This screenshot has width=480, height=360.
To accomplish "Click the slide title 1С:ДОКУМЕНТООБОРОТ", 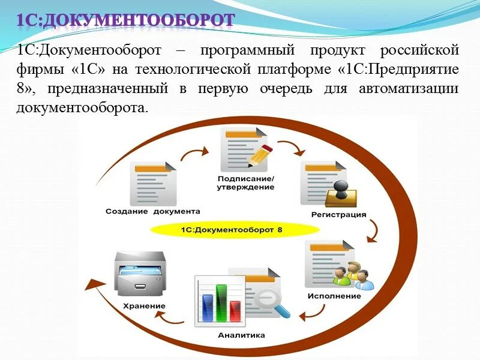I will click(124, 20).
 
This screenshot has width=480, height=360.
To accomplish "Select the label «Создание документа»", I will click(153, 211).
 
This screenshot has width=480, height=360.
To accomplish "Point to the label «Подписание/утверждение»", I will click(245, 183).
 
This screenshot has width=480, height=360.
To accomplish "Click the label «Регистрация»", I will click(339, 214).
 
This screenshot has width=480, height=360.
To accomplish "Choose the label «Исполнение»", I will click(334, 296).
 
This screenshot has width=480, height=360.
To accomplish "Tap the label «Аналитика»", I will click(241, 335).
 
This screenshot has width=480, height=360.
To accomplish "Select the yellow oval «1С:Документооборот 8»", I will click(235, 230).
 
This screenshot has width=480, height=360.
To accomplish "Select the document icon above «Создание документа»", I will click(154, 184).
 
